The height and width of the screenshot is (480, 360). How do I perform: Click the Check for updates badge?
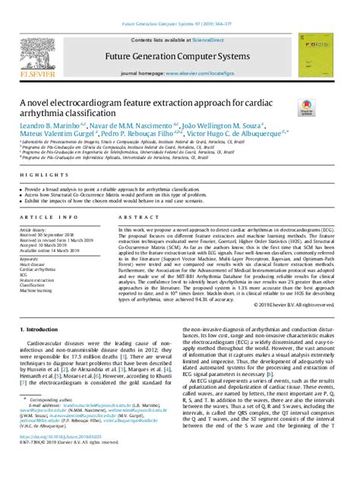307,111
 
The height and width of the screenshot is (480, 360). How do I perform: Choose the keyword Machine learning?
36,291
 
